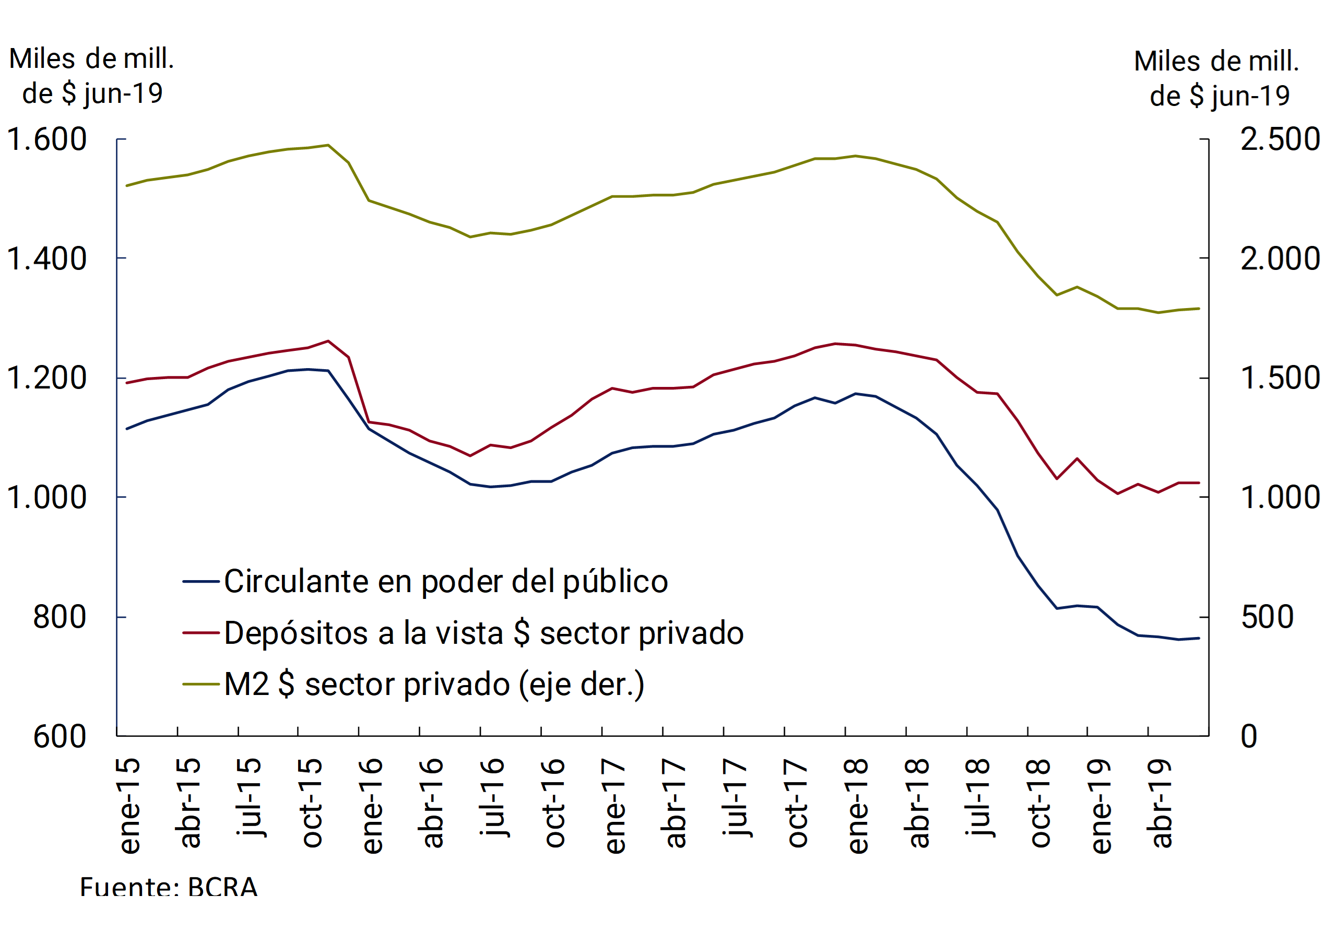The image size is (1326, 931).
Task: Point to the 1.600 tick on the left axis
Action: coord(46,140)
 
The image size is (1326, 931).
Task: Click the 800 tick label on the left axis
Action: coord(60,617)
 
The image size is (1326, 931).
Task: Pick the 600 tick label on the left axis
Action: coord(60,737)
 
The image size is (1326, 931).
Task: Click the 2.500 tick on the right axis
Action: coord(1280,140)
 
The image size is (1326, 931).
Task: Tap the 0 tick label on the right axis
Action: coord(1249,737)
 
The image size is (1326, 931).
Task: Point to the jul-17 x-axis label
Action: coord(736,798)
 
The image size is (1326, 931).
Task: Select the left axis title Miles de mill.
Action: coord(92,59)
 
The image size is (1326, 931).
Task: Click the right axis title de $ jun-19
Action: coord(1220,96)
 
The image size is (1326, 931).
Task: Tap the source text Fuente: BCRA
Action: coord(169,887)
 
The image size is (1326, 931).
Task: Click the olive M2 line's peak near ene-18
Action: coord(855,156)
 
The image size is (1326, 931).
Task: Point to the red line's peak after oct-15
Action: coord(328,341)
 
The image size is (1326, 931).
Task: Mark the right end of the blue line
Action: coord(1199,638)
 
